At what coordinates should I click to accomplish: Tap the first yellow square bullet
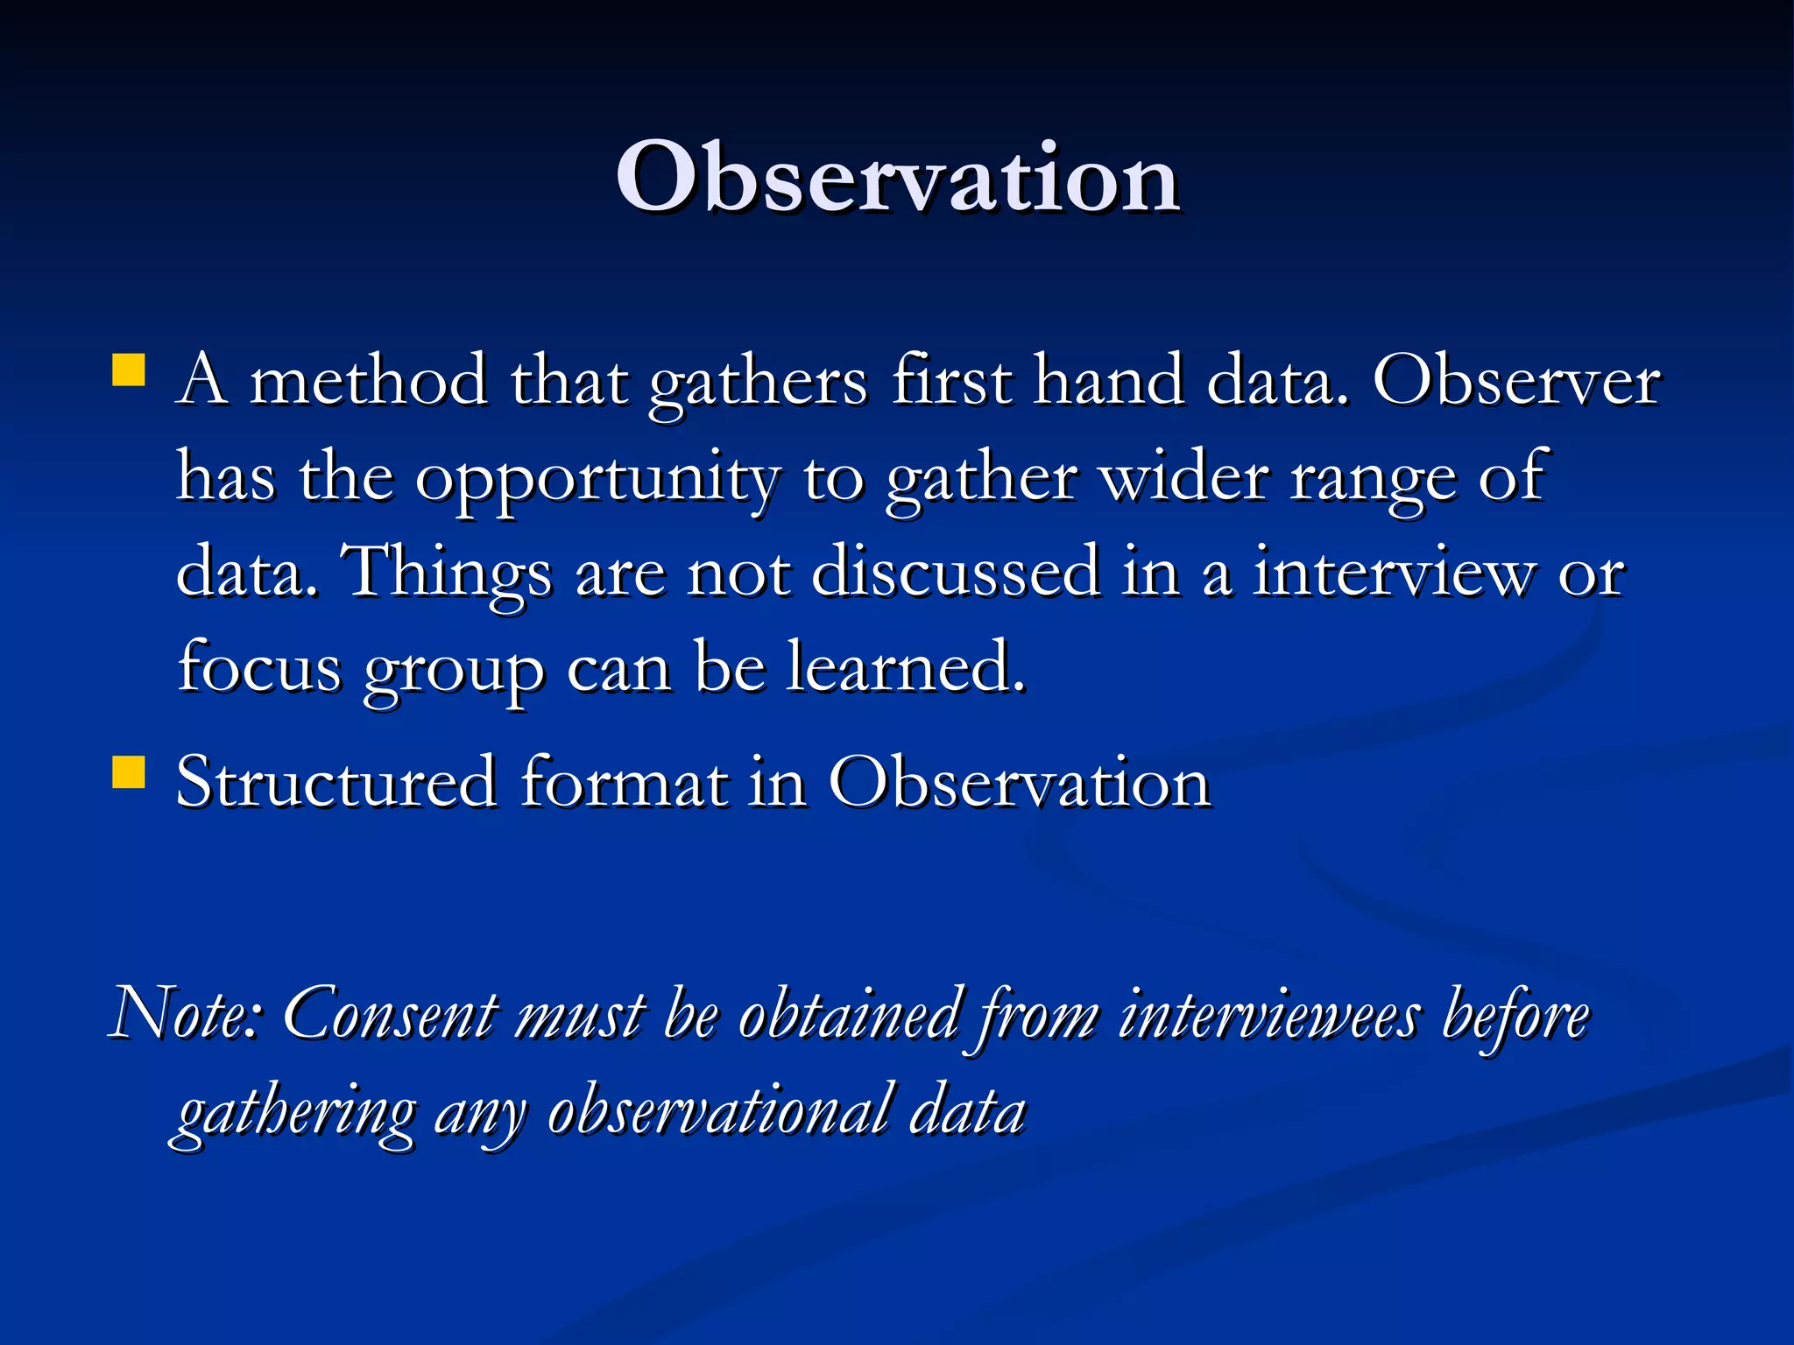[129, 370]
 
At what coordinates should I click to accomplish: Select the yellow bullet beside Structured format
[129, 773]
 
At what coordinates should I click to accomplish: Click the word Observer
[1515, 382]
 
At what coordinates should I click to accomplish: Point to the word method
[368, 382]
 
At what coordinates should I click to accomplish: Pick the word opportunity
[596, 480]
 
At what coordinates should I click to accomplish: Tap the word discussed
[956, 573]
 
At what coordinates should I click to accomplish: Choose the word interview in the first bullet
[1394, 573]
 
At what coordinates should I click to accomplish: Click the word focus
[259, 667]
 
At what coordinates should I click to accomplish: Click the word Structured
[336, 782]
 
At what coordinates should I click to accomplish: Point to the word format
[624, 782]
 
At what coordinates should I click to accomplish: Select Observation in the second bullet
[1019, 782]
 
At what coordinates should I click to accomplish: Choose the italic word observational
[718, 1112]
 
